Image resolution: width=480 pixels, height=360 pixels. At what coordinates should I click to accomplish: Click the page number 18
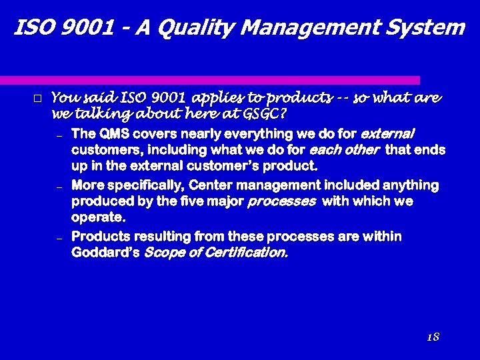click(433, 337)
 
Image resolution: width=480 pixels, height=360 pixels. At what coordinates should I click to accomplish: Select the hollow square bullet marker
click(37, 99)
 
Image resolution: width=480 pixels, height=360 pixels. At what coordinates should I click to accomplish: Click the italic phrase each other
click(353, 149)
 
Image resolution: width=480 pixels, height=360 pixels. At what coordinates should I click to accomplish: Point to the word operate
click(98, 218)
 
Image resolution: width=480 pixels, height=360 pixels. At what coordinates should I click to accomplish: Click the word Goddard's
click(105, 253)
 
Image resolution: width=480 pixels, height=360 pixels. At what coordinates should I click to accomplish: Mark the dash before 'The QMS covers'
click(59, 136)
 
